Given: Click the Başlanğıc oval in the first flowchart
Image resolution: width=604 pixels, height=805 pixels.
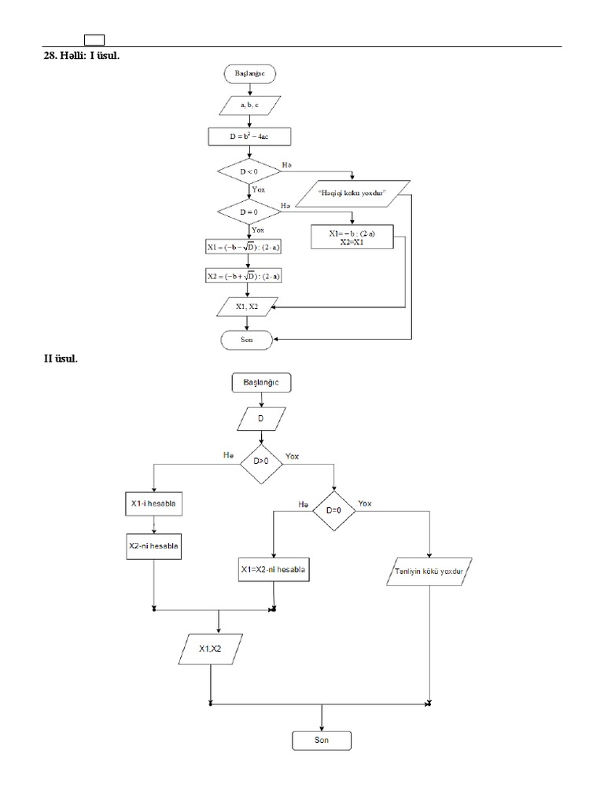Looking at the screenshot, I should (250, 74).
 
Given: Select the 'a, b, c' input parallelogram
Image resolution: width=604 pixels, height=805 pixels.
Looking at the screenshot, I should (250, 105).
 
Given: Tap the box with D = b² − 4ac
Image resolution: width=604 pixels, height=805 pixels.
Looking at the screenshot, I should (250, 138).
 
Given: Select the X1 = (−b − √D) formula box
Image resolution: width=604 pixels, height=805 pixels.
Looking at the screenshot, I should (245, 247).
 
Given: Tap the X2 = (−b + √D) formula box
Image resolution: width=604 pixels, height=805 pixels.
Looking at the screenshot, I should (245, 276).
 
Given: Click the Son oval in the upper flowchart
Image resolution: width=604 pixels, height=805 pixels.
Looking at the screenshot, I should (247, 340).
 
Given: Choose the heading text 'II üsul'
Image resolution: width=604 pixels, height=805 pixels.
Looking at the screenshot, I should (61, 359).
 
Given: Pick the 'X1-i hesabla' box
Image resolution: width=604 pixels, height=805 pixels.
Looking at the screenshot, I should (153, 503).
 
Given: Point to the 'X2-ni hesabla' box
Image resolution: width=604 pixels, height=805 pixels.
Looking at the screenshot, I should (154, 546).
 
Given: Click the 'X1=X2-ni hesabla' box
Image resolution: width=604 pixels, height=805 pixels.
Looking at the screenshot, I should (273, 569).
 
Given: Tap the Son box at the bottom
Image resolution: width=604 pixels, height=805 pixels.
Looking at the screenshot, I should (322, 741).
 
